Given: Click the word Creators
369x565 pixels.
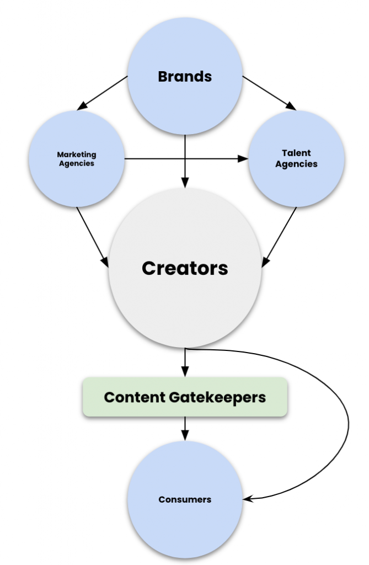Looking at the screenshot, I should click(x=185, y=268).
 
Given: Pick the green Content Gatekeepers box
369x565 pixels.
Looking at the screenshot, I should click(x=185, y=397).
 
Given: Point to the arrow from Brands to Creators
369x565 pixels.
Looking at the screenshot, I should click(x=185, y=160).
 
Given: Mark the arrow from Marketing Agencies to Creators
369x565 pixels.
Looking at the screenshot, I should click(x=93, y=234).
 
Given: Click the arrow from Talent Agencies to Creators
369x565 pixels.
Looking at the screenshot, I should click(x=280, y=236).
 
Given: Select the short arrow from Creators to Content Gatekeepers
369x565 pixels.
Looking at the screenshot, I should click(x=185, y=362).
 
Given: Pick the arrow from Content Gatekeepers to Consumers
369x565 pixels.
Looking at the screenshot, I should click(x=185, y=428).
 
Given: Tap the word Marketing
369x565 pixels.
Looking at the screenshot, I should click(x=76, y=155).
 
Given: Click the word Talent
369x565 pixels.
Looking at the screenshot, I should click(x=296, y=153).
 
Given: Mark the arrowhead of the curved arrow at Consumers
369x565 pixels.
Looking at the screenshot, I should click(x=248, y=499).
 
